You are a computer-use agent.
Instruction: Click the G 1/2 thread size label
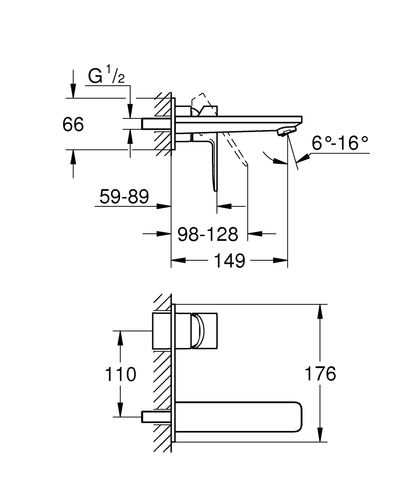click(106, 77)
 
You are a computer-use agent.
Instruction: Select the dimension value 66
click(73, 124)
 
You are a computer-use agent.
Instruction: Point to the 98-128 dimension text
click(208, 234)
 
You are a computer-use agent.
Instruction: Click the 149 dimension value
click(229, 261)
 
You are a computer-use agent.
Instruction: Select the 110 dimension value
click(120, 375)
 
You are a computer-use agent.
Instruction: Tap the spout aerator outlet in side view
click(286, 131)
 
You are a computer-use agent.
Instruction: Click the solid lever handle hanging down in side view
click(214, 164)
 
